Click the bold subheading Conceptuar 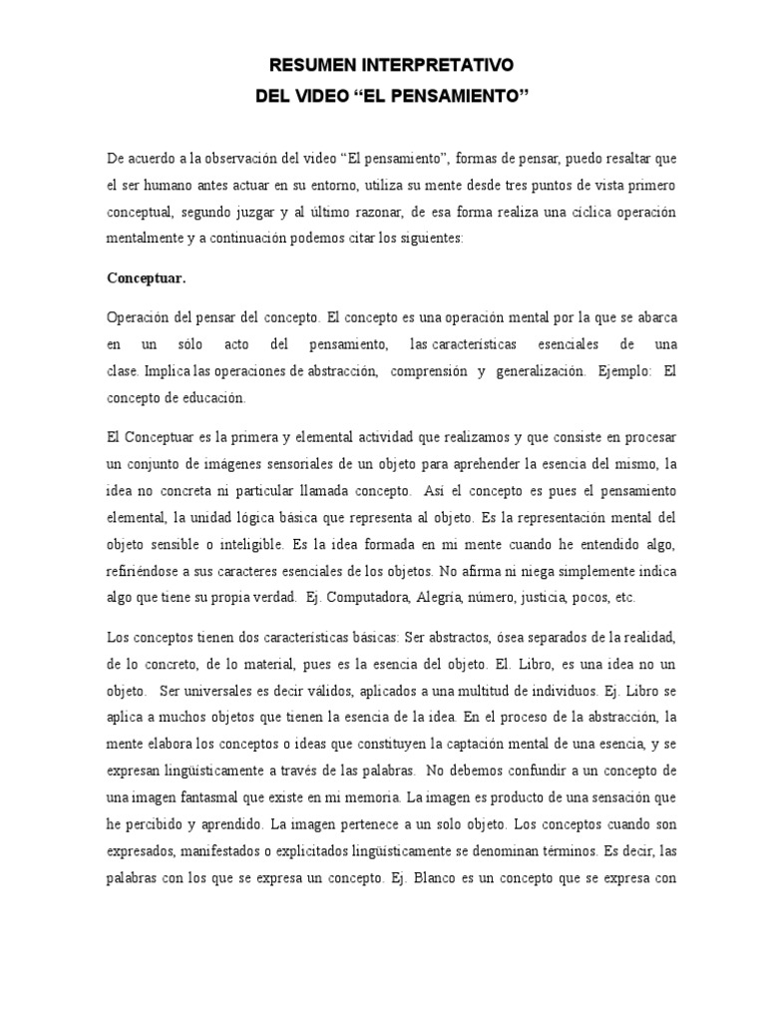tap(146, 277)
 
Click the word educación tap(210, 397)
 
